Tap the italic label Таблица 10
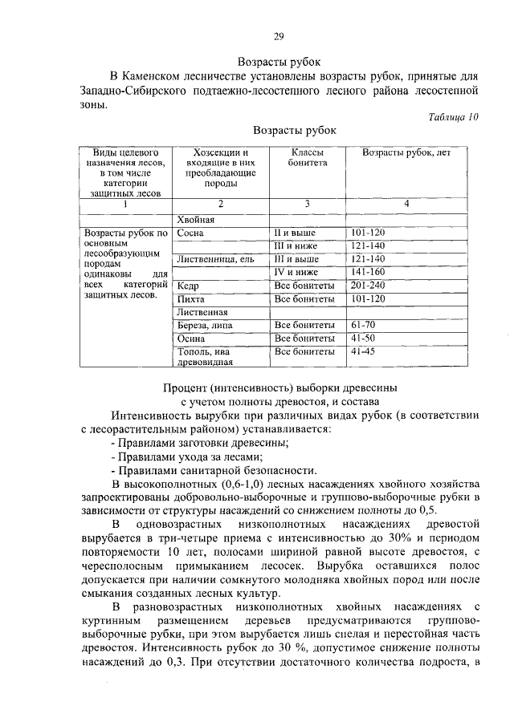click(453, 116)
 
